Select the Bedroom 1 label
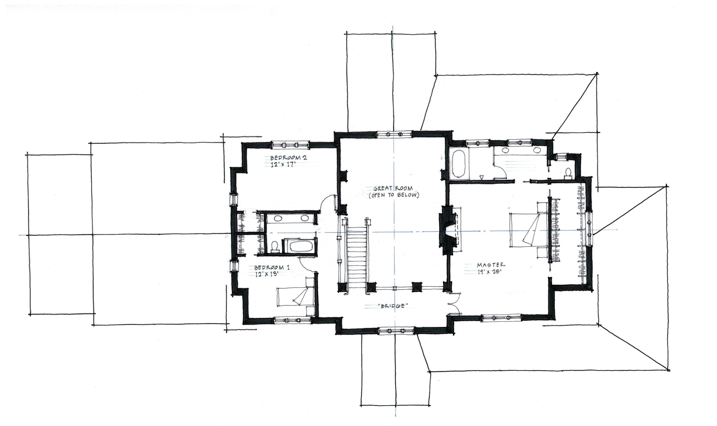272,268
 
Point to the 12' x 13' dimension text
267,274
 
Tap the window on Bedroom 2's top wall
290,145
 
